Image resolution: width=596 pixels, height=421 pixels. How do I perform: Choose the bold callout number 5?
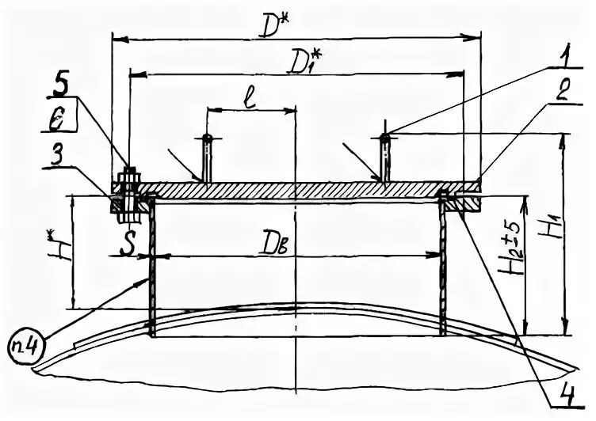(x=63, y=81)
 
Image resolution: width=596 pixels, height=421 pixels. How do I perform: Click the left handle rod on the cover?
(x=207, y=157)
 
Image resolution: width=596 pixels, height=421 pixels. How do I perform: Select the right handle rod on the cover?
(x=384, y=157)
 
